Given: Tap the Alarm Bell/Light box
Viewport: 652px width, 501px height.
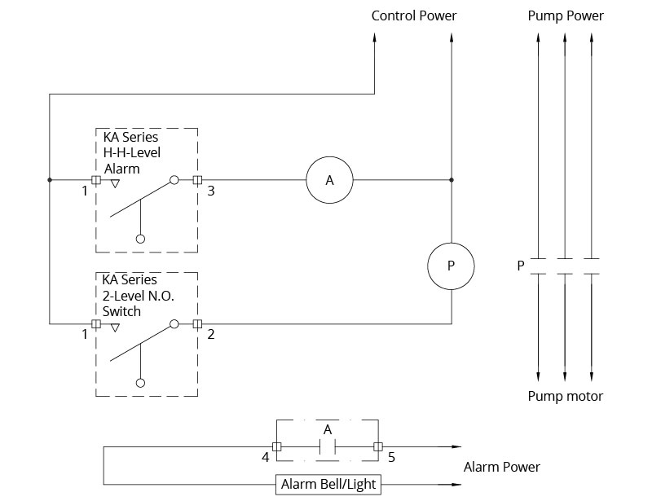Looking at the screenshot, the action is coord(328,485).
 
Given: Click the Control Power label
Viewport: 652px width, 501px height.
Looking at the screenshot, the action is coord(414,15).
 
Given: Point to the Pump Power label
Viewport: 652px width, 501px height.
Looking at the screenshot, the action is coord(566,15).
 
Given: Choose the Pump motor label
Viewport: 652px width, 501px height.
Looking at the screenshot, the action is coord(566,396).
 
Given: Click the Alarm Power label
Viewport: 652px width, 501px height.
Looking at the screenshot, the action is coord(502,467).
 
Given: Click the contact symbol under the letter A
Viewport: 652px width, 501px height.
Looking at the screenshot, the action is coord(328,447).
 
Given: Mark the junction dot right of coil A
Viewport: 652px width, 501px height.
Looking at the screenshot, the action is coord(452,180).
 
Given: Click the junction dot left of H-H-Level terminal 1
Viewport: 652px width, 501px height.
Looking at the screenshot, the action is coord(50,180).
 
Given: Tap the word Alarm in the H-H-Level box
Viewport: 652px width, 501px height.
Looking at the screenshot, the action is coord(121,169).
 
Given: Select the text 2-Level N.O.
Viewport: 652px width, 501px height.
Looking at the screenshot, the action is coord(138,296).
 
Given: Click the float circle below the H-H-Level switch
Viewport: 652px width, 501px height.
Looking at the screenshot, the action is coord(140,239).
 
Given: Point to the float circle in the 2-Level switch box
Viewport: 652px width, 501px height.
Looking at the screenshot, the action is coord(140,383).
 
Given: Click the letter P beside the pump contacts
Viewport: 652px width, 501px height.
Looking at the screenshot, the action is coord(521,266).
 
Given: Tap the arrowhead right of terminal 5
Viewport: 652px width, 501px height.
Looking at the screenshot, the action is coord(456,447).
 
